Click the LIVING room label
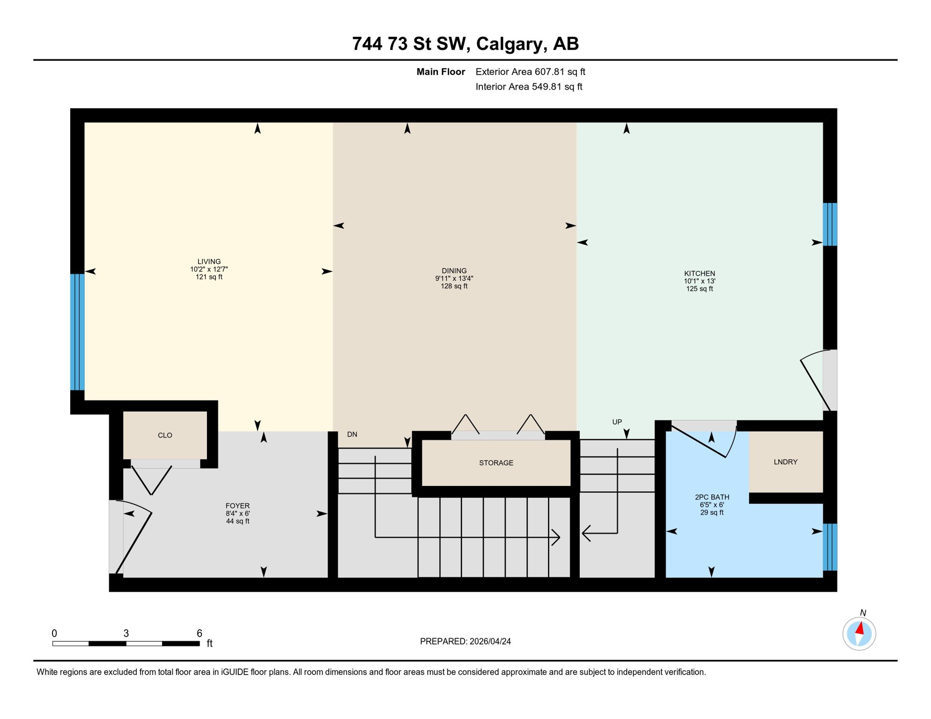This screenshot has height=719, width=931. (209, 262)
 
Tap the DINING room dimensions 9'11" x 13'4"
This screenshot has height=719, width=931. (454, 279)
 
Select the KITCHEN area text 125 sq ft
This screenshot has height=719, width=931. (699, 289)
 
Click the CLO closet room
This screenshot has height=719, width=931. (165, 435)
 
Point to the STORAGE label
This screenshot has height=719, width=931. (496, 463)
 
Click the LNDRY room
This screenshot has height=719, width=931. (785, 462)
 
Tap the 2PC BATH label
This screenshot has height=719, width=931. (712, 497)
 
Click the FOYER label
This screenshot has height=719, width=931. (237, 506)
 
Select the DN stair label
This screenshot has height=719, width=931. (352, 434)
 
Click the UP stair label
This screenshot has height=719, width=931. (617, 422)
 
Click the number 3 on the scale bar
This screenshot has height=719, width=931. (126, 633)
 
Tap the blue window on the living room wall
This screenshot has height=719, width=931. (77, 332)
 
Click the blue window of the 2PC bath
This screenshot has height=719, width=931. (830, 547)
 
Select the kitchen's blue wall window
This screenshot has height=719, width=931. (830, 224)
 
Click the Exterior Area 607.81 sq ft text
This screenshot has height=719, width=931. (530, 72)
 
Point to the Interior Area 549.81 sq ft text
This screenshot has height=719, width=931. (529, 87)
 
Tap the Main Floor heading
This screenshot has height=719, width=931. (441, 72)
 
